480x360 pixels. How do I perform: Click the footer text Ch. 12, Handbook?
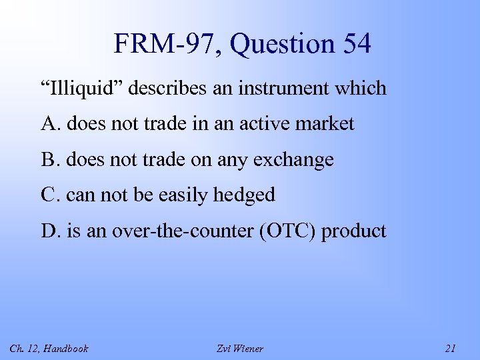point(49,348)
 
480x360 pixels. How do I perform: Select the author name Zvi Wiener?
point(240,348)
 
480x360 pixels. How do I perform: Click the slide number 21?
point(451,348)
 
